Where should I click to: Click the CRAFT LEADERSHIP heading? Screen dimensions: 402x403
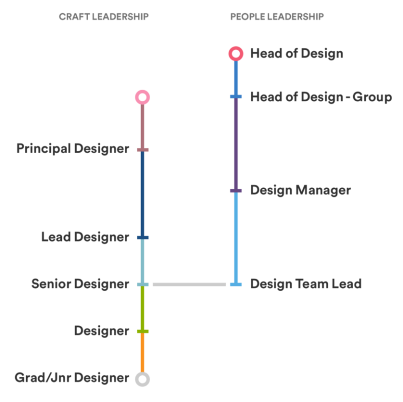click(104, 17)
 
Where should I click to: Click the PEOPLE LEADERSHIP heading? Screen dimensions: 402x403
click(277, 17)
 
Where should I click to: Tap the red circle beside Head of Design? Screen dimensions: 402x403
click(236, 54)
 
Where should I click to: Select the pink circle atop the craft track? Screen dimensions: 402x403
click(142, 97)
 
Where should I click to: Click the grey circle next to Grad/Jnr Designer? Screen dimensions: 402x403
click(142, 379)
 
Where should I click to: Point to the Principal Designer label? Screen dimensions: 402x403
click(72, 149)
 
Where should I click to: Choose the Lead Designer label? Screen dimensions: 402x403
click(84, 237)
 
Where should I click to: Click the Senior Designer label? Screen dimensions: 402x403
click(80, 284)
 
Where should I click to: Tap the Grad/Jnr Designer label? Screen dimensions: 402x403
click(71, 378)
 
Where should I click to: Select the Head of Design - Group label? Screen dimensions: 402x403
click(321, 97)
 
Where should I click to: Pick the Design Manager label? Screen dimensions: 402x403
click(300, 190)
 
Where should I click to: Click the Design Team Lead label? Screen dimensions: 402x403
click(306, 284)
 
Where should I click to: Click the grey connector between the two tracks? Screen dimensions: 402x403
click(189, 284)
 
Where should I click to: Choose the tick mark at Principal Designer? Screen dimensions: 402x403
click(143, 150)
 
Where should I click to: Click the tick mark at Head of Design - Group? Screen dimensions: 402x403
click(236, 97)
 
